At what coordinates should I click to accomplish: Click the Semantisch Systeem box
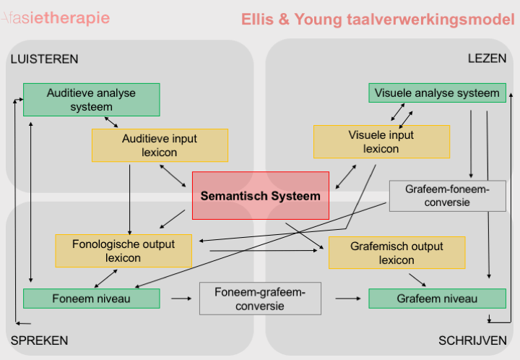[x=261, y=195]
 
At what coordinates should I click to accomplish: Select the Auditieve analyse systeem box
[x=92, y=100]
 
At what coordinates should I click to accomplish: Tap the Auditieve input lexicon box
[x=160, y=145]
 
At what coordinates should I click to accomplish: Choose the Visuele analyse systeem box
[x=438, y=93]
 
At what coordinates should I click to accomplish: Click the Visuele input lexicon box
[x=382, y=142]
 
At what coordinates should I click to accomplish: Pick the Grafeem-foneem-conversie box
[x=448, y=196]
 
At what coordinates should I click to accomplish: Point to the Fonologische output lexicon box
[x=123, y=251]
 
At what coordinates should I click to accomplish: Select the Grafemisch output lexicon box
[x=397, y=253]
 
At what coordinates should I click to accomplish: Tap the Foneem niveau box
[x=92, y=299]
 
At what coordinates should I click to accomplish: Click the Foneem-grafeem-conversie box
[x=260, y=299]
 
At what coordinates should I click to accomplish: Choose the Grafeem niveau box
[x=438, y=299]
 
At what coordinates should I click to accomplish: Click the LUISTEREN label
[x=45, y=59]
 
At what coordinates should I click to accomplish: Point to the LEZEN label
[x=487, y=59]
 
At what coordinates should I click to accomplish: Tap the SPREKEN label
[x=40, y=340]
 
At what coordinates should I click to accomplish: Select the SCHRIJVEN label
[x=472, y=340]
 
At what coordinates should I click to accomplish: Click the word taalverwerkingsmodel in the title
[x=430, y=20]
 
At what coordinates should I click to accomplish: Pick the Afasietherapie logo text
[x=56, y=18]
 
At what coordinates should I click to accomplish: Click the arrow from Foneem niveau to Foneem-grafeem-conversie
[x=181, y=299]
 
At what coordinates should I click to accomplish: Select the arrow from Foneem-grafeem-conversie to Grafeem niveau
[x=348, y=299]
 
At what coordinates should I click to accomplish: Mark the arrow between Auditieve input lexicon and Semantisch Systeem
[x=173, y=176]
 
